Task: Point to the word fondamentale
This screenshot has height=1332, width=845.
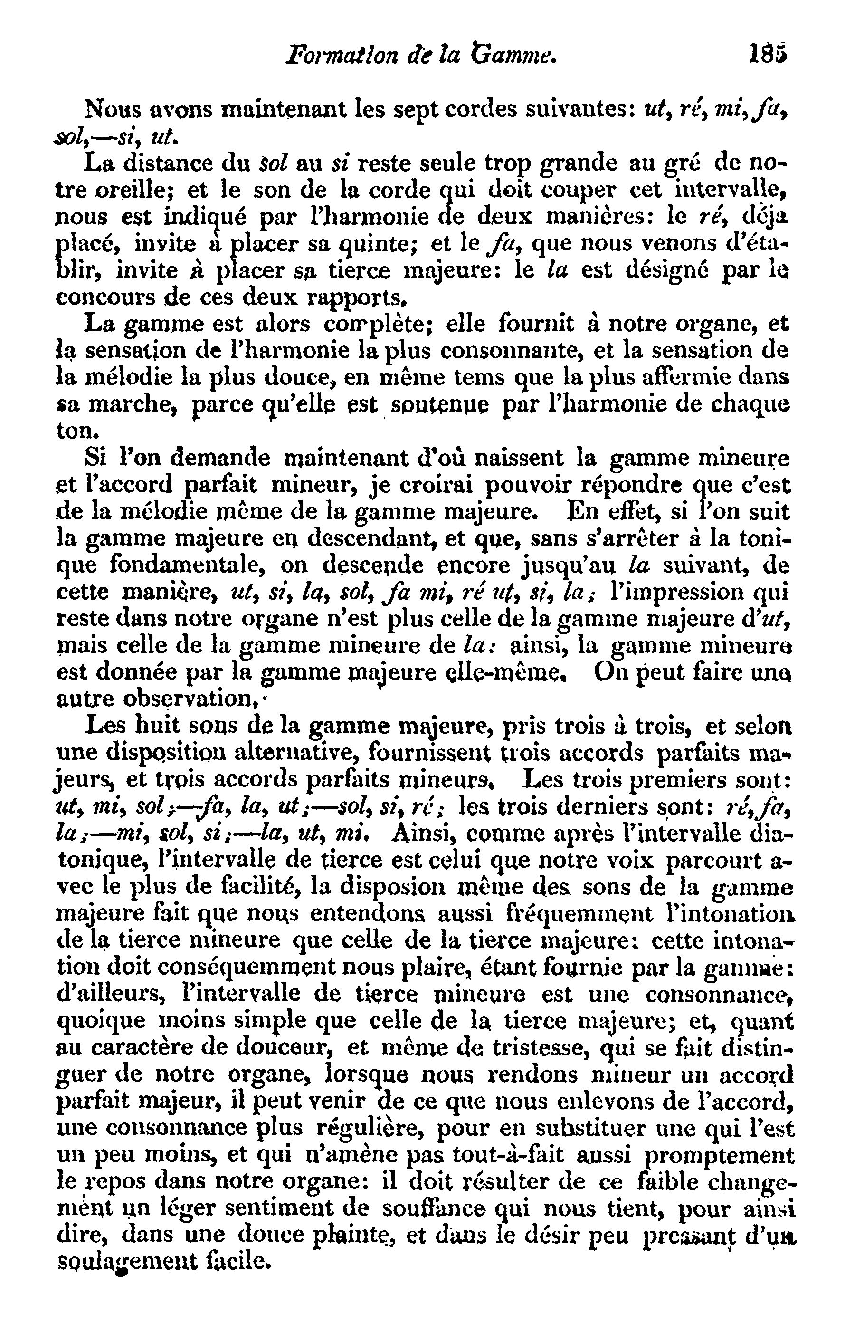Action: point(188,566)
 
